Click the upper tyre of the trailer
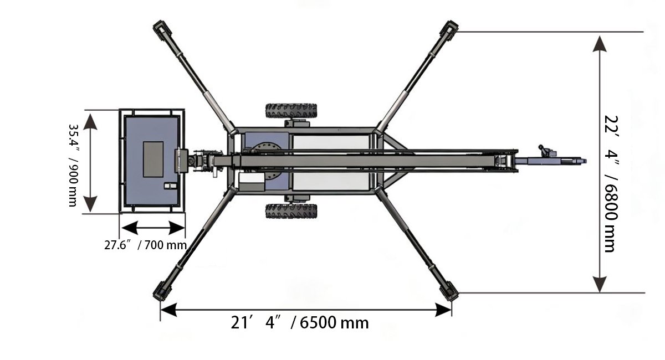pos(291,111)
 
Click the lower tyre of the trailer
pos(291,211)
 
